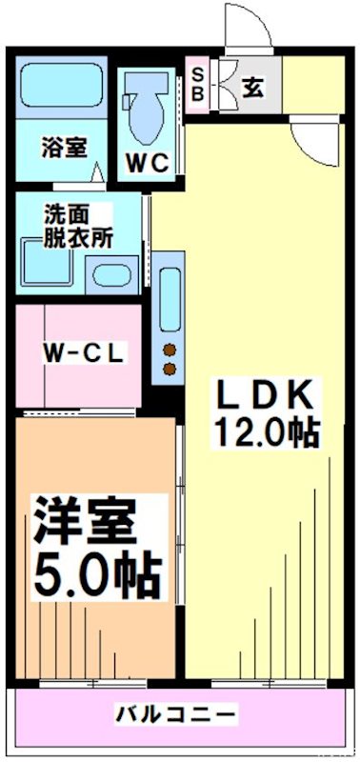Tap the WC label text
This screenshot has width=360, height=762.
click(148, 162)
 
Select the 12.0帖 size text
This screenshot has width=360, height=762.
click(264, 433)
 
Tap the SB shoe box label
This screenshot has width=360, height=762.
click(198, 84)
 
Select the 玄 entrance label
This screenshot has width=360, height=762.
click(252, 87)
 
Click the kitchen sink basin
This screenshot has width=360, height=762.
click(170, 300)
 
